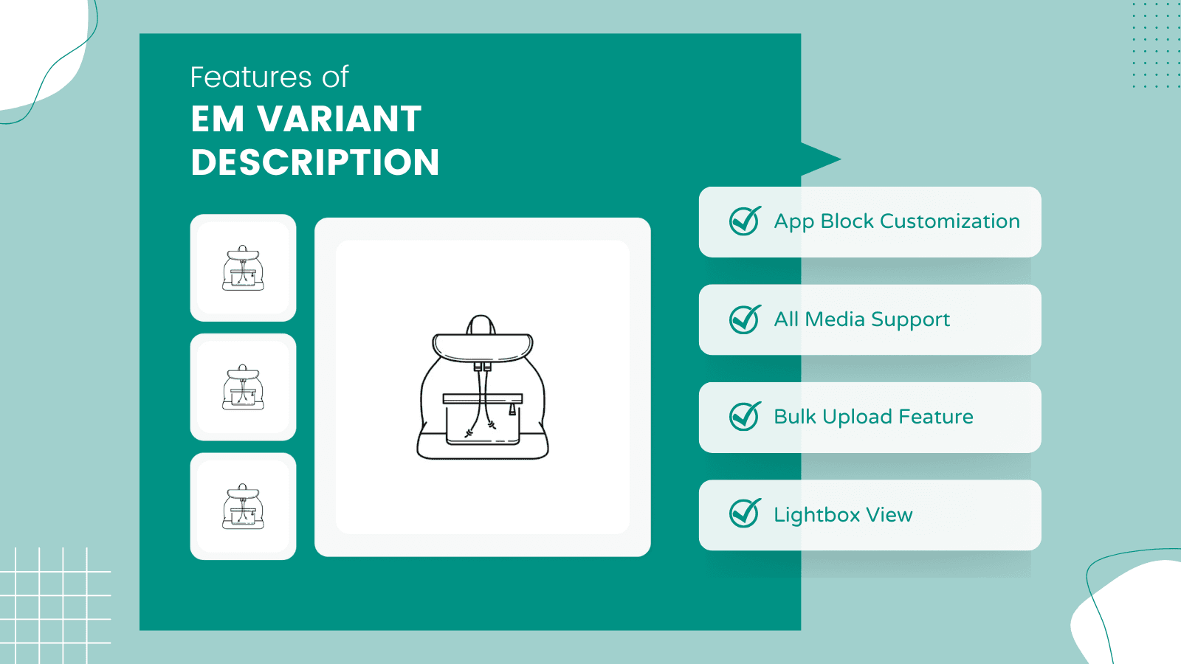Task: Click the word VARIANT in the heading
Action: click(340, 119)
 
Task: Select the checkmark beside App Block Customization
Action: click(745, 221)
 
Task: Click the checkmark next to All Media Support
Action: click(745, 319)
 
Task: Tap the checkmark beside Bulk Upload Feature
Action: click(745, 416)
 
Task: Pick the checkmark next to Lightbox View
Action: click(745, 513)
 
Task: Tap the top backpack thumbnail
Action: click(243, 268)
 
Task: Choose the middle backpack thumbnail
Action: click(243, 387)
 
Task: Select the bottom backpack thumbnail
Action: click(243, 506)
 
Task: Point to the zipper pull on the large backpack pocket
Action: click(512, 409)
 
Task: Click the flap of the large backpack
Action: click(483, 347)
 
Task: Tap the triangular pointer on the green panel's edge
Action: click(820, 159)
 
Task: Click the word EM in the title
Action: click(218, 119)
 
